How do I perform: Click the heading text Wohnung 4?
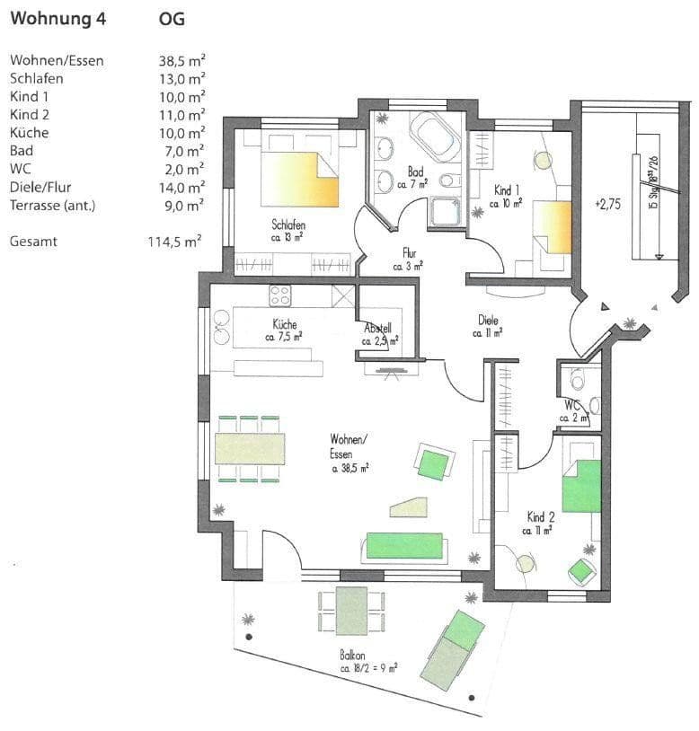(x=58, y=19)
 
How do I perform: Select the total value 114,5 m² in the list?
(x=173, y=242)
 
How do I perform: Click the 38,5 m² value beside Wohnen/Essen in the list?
(x=181, y=61)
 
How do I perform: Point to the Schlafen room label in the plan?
(x=289, y=225)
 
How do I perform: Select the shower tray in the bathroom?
(x=445, y=211)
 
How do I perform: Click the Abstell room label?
(x=377, y=329)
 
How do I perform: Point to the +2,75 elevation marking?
(x=607, y=204)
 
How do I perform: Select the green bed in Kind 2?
(x=580, y=486)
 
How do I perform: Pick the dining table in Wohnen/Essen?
(x=250, y=448)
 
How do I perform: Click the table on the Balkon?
(x=352, y=610)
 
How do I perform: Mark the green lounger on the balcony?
(x=454, y=648)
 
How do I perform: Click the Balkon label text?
(x=352, y=656)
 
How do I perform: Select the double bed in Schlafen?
(x=299, y=178)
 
